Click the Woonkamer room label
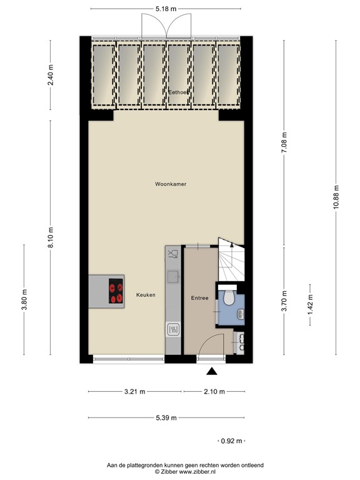click(x=171, y=184)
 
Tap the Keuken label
click(x=145, y=295)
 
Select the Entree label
click(x=199, y=298)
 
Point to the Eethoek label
click(x=179, y=92)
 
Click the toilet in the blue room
click(x=229, y=298)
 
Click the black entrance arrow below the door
click(x=212, y=372)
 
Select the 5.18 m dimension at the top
click(x=166, y=9)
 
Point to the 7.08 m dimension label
click(x=284, y=143)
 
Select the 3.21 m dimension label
click(x=135, y=392)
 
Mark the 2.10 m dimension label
click(x=214, y=392)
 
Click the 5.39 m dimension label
click(x=166, y=418)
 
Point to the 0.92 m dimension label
click(x=232, y=441)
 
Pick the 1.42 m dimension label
click(x=311, y=304)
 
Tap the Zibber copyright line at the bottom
click(x=184, y=472)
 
